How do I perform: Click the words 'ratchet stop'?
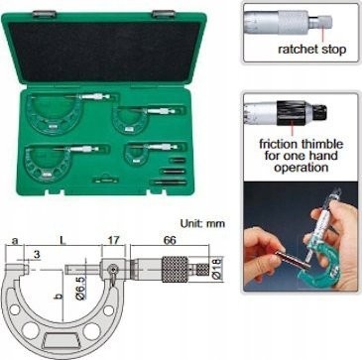311,50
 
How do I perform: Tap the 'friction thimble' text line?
302,144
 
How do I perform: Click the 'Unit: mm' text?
202,223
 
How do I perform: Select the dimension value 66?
170,240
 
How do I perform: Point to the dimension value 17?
112,240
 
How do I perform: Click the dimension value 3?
37,254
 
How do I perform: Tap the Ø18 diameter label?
219,269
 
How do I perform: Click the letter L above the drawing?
62,241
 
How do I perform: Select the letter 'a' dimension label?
15,241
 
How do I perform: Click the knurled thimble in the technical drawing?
175,269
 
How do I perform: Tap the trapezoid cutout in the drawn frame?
61,340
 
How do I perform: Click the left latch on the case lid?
45,14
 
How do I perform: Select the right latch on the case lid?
164,14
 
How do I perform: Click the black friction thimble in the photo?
291,112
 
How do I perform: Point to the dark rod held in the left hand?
294,260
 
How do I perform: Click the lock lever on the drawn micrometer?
113,273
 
